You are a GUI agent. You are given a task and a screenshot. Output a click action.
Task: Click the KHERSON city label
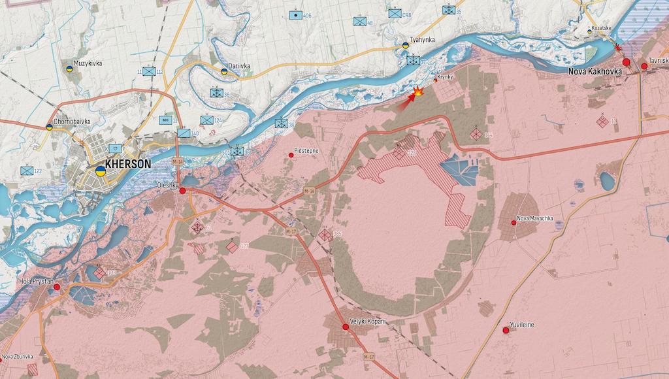point(129,164)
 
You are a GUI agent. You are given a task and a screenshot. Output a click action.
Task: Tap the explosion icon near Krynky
point(416,95)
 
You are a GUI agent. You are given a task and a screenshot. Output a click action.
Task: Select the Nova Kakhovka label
point(594,71)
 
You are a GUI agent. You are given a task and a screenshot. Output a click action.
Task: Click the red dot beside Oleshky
point(183,191)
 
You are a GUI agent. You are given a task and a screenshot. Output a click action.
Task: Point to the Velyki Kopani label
point(368,321)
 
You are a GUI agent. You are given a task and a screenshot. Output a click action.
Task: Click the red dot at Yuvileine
point(506,330)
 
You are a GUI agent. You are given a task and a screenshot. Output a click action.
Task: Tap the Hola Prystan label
point(35,282)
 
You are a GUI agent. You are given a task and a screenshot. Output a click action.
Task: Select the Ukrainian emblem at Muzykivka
point(69,67)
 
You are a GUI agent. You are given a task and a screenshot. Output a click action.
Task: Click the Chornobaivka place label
point(72,122)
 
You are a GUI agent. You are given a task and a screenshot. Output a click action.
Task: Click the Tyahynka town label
point(421,39)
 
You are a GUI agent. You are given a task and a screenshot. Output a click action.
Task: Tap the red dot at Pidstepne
point(291,155)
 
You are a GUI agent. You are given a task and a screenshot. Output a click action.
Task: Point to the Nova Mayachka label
point(534,218)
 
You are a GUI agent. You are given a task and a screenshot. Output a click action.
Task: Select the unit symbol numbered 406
point(296,15)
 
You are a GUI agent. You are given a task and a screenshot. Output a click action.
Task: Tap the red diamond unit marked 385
point(325,234)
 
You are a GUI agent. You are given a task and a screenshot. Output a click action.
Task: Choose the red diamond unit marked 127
point(232,246)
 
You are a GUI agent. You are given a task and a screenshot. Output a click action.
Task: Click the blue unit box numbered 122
point(27,171)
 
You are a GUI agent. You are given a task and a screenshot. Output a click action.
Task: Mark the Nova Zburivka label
point(17,356)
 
